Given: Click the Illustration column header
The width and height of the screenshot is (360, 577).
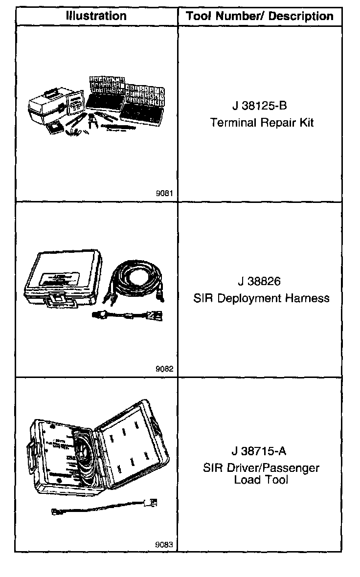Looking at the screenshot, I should [96, 16].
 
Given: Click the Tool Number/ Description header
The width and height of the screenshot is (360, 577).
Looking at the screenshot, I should [260, 16].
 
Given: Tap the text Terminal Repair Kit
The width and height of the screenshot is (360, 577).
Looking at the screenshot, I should [262, 122].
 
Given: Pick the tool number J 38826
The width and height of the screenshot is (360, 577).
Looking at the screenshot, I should [260, 282].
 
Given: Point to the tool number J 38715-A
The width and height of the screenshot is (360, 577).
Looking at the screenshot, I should [260, 451].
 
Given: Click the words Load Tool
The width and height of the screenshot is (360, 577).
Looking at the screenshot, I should [261, 480].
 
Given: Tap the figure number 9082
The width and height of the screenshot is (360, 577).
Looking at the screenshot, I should [165, 370].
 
